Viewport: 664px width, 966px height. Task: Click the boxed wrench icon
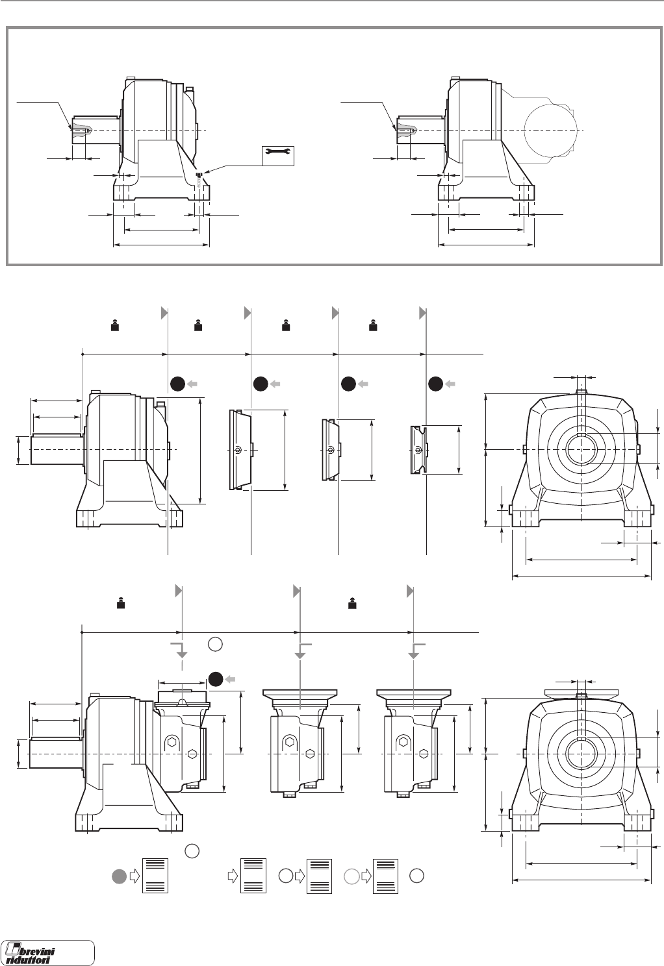[x=278, y=155]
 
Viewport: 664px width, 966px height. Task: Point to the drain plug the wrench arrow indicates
[x=201, y=174]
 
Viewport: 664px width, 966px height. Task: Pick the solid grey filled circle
[x=119, y=876]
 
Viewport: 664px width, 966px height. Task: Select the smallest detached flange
[x=418, y=449]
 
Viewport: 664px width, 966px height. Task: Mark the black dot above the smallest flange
[x=436, y=384]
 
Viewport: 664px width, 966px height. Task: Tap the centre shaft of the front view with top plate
[x=581, y=754]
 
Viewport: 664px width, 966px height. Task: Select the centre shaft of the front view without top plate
[x=581, y=449]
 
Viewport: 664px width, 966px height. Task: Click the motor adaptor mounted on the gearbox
[x=181, y=743]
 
